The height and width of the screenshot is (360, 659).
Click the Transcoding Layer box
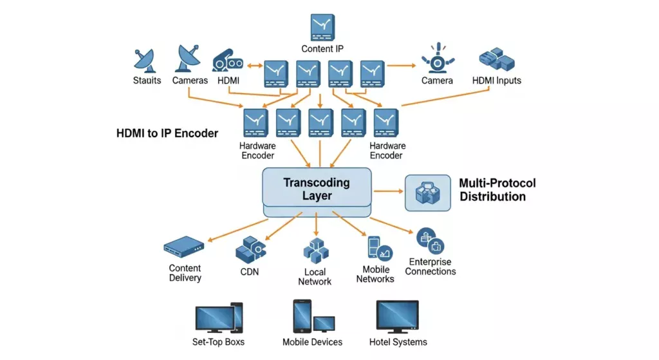click(317, 189)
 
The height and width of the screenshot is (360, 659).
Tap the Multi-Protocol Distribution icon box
click(427, 193)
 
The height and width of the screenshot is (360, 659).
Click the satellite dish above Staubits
click(144, 61)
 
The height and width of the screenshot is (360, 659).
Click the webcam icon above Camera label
click(438, 59)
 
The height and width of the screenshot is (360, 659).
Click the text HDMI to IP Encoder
click(167, 133)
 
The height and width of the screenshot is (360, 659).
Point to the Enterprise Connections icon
click(431, 242)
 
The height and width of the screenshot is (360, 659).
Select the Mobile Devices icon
click(313, 317)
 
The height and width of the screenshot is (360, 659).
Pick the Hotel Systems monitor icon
click(397, 316)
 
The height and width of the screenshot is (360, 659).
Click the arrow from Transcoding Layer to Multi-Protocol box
click(387, 191)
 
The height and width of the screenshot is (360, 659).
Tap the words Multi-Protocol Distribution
click(497, 190)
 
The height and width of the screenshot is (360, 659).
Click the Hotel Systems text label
click(398, 342)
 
